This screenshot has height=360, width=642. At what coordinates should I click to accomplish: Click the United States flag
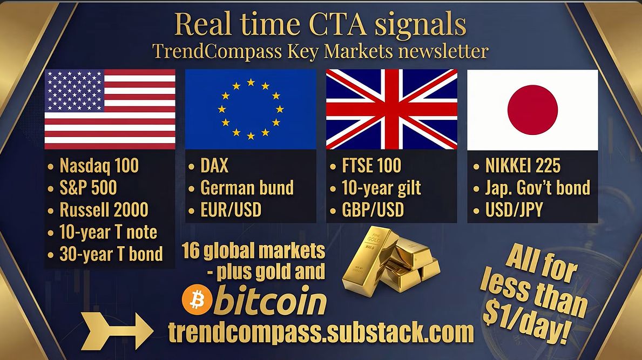coord(110,109)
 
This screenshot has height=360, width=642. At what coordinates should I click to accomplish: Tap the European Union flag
coord(251,109)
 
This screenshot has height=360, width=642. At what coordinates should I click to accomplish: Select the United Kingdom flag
coord(391,109)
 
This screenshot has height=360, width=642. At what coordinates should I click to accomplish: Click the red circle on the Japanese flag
coord(533,110)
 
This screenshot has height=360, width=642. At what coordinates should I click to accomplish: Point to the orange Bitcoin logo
coord(197,300)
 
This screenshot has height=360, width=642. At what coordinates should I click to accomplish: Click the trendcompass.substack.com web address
coord(321,332)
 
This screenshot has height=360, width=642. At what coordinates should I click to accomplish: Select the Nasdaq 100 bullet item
coord(94,166)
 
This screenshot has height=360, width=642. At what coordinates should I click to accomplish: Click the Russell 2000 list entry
coord(98,210)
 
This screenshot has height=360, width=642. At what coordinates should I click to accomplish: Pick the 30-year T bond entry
coord(105,254)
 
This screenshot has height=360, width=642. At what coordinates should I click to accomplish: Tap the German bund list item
coord(241,188)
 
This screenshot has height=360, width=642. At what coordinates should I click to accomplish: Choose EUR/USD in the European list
coord(225,210)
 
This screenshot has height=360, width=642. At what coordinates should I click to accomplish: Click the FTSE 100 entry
coord(366,166)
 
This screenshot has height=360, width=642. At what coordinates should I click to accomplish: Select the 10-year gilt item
coord(376,188)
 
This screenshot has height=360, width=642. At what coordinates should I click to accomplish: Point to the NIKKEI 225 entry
coord(517,166)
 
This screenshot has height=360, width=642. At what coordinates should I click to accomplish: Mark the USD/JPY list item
coord(508,210)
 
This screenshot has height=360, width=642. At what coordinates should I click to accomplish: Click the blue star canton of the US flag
coord(75,91)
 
